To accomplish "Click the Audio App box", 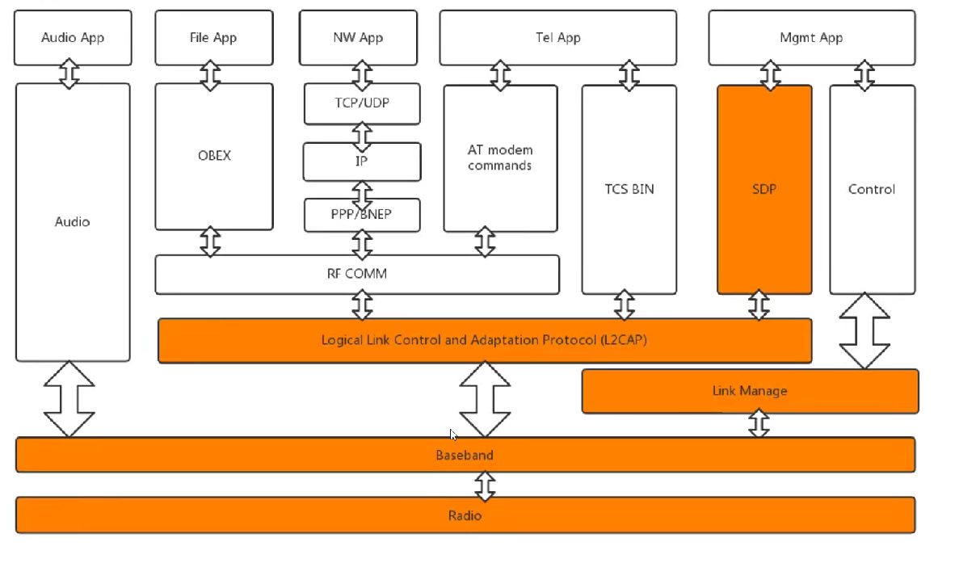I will [73, 37].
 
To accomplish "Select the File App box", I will [213, 37].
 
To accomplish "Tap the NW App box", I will [358, 37].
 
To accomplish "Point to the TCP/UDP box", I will [362, 103].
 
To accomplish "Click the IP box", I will [362, 162].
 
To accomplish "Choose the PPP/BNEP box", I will [362, 215].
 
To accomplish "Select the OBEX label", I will [214, 155].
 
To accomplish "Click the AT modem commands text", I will [500, 158].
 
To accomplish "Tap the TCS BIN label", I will [629, 189].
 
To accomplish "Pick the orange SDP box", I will [764, 189].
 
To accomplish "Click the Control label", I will [872, 189].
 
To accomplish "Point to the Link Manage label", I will [750, 391].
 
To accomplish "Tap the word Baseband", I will [465, 455].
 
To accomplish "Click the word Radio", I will [465, 515].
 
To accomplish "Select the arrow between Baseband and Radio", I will [485, 485].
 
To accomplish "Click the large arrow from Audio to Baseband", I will [69, 399].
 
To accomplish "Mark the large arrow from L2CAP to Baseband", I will [485, 399].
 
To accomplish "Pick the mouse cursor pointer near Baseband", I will [453, 435].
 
